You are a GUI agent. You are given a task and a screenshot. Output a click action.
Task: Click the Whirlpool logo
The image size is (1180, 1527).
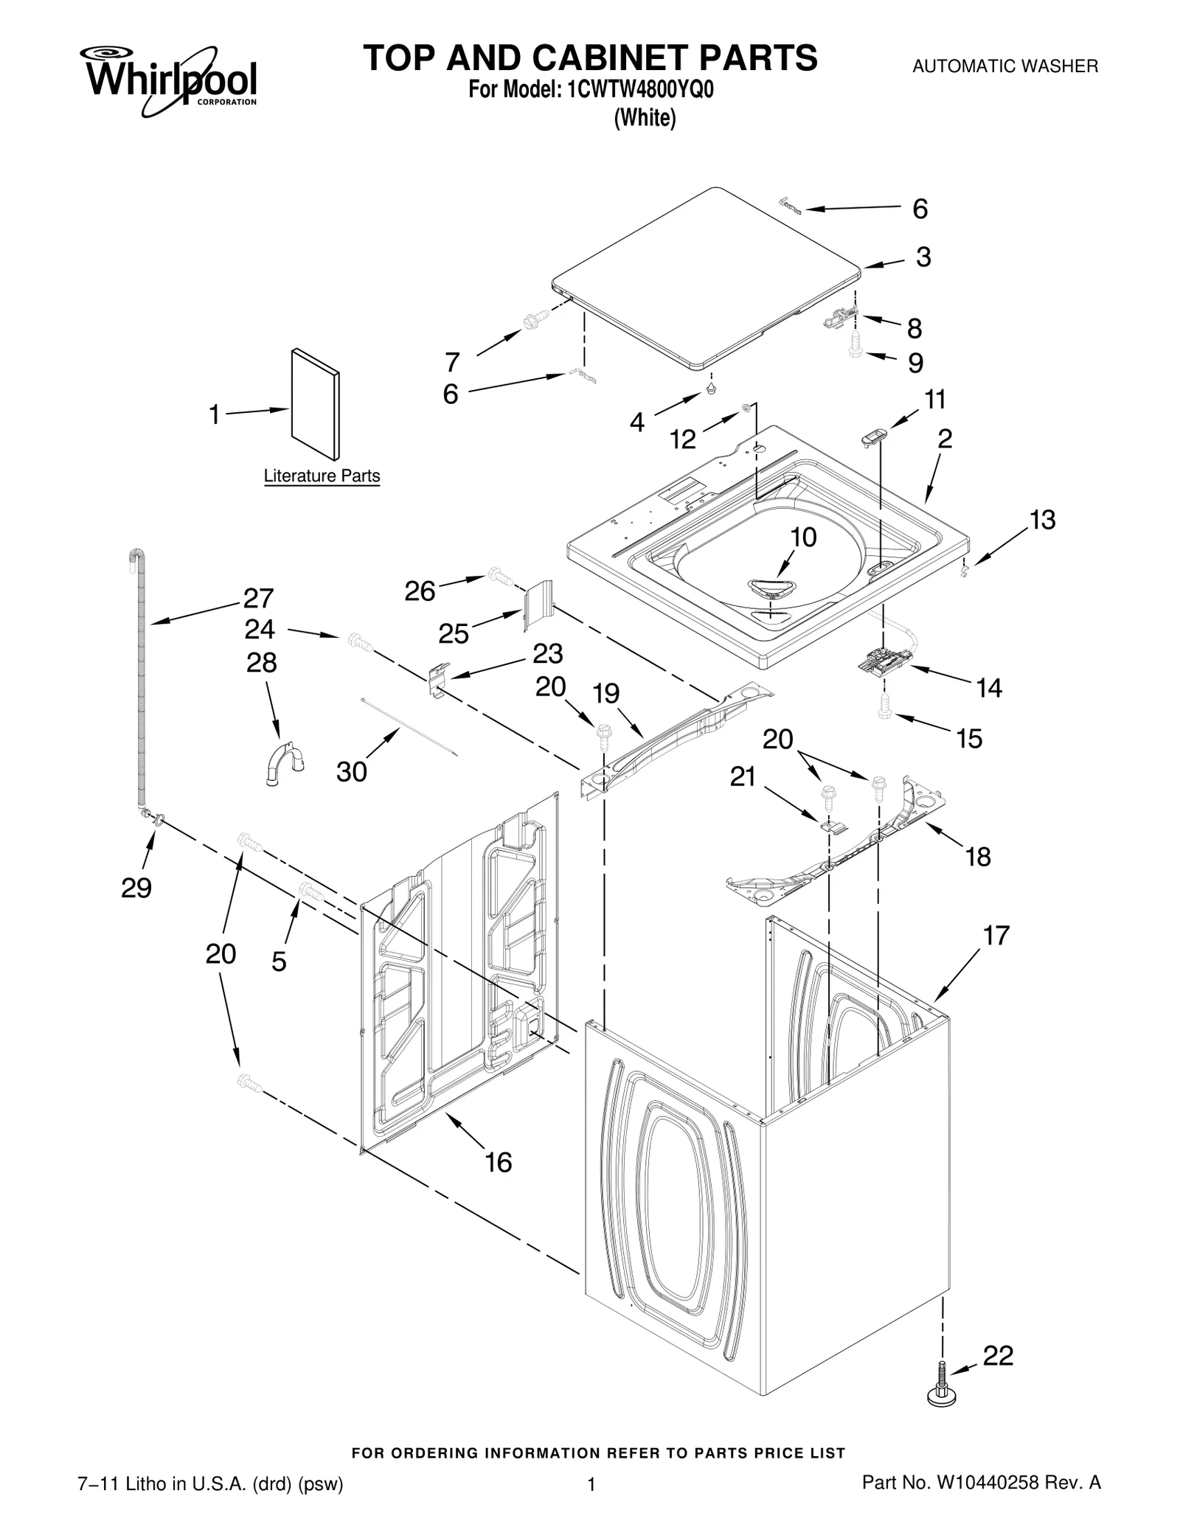[x=171, y=80]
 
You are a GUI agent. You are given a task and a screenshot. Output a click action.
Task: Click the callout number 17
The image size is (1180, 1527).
[x=995, y=936]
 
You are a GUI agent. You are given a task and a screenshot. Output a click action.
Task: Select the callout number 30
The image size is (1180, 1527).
[x=351, y=772]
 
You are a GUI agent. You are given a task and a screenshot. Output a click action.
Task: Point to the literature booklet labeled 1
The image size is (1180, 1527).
[x=316, y=403]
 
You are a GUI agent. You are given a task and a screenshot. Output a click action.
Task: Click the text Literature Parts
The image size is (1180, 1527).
[x=322, y=476]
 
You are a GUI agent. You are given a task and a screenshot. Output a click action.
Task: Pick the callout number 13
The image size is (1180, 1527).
[x=1042, y=520]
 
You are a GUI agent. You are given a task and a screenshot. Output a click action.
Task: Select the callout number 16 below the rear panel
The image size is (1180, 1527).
[x=498, y=1163]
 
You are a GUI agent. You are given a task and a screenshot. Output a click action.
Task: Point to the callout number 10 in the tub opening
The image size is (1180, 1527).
[x=803, y=537]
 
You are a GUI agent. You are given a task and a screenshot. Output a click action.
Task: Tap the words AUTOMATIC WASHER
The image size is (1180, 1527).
[x=1004, y=66]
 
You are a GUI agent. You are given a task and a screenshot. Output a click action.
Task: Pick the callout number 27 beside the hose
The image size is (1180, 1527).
[x=259, y=597]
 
